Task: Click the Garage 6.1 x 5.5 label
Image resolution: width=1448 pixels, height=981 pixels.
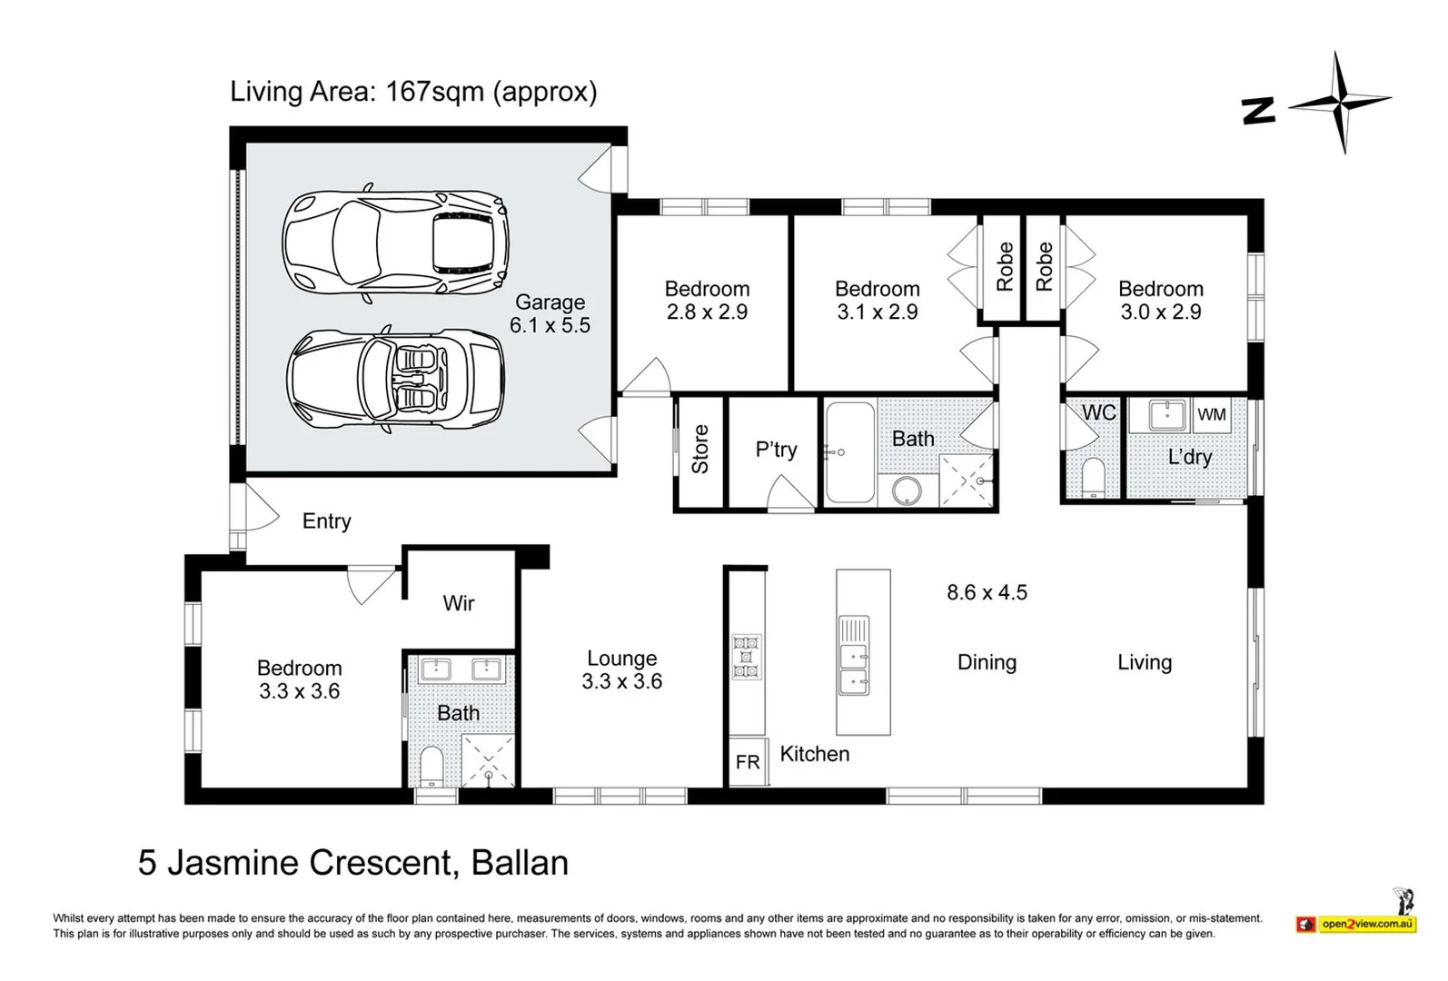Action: (x=550, y=313)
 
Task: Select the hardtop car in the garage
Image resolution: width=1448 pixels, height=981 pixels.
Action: (x=395, y=241)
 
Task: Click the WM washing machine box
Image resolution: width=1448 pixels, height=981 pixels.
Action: (x=1211, y=415)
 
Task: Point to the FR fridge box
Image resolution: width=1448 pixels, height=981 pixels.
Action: (x=748, y=762)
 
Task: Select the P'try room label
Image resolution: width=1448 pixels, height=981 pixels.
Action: (x=776, y=450)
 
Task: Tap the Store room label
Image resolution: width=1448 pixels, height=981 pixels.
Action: (x=700, y=449)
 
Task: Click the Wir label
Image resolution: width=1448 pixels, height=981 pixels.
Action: (x=459, y=603)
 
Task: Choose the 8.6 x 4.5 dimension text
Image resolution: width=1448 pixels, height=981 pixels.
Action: (x=987, y=592)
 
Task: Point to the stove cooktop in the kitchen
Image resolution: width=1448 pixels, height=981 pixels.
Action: (x=747, y=656)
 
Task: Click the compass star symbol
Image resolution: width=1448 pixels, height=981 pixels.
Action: (x=1341, y=102)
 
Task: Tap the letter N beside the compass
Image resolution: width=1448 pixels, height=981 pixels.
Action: (x=1259, y=112)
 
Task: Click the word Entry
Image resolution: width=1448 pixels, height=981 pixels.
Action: (x=326, y=521)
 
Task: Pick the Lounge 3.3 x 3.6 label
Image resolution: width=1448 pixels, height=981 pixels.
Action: (x=622, y=669)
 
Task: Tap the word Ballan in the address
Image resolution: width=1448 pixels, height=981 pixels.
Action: (x=520, y=862)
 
